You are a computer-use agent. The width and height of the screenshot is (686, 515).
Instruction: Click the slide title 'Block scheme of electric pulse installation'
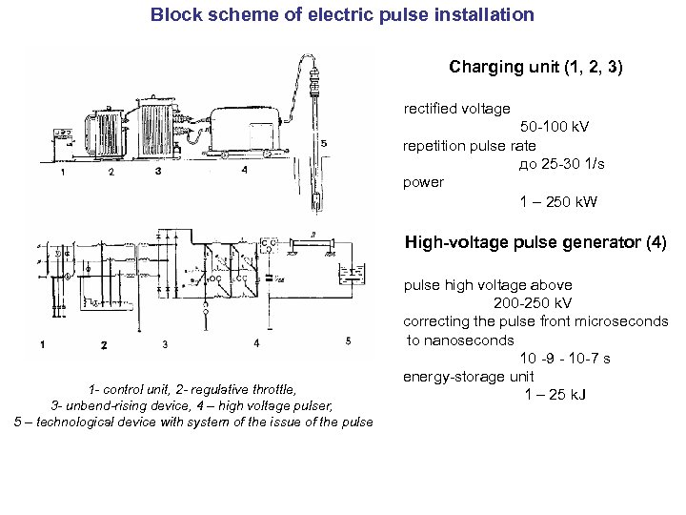[342, 15]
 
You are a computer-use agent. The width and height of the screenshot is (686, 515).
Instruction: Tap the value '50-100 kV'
[560, 127]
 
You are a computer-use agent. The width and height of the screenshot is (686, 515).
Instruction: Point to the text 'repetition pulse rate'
[470, 146]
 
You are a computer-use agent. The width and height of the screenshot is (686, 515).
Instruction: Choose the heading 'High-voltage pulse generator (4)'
[535, 242]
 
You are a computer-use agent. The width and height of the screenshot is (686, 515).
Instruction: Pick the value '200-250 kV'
[534, 303]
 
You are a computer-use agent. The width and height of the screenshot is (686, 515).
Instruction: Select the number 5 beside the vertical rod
[324, 144]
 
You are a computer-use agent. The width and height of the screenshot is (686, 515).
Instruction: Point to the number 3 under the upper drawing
[157, 172]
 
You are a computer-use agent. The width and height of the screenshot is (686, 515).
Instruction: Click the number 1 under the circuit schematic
[43, 342]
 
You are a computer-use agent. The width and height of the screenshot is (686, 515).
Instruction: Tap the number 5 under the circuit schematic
[347, 341]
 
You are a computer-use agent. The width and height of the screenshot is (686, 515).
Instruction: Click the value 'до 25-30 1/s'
[562, 164]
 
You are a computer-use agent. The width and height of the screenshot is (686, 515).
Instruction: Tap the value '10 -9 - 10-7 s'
[565, 359]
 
